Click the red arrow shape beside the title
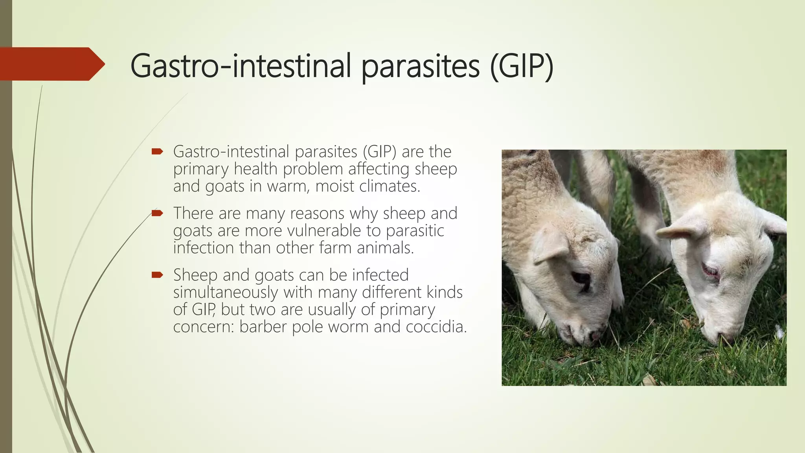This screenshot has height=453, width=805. click(x=51, y=64)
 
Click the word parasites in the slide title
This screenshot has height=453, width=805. click(x=420, y=66)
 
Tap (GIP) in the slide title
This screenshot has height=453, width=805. click(x=522, y=66)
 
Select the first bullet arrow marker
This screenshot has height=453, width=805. click(x=157, y=151)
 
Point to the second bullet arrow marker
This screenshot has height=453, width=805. click(x=157, y=213)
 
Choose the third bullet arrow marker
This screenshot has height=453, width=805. click(x=157, y=275)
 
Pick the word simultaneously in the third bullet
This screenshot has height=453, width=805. click(x=226, y=292)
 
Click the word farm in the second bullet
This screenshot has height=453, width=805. click(x=336, y=248)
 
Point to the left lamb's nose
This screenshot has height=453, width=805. click(x=594, y=335)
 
